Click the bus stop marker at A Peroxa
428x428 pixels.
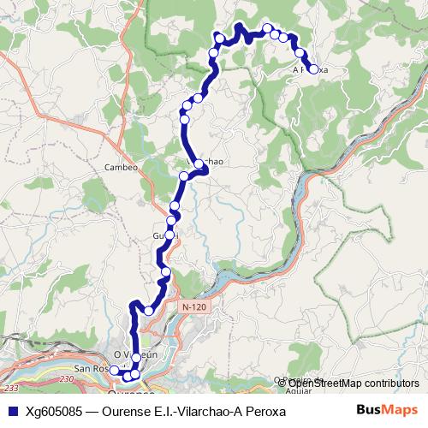312,69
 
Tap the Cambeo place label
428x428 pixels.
121,167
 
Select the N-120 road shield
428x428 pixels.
193,306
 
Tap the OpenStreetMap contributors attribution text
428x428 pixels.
354,383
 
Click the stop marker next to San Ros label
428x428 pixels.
114,370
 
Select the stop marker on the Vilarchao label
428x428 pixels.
199,163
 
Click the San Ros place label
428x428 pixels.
90,369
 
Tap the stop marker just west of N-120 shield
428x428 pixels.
150,310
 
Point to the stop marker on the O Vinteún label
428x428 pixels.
136,357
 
